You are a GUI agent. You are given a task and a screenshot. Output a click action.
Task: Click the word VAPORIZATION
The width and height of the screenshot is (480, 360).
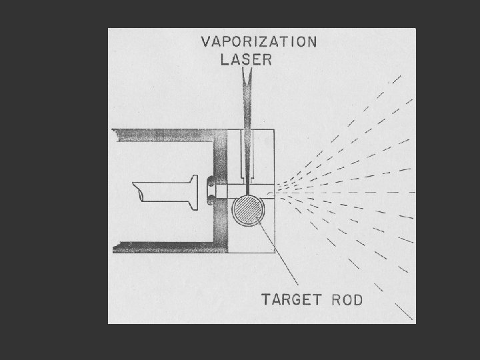tap(259, 42)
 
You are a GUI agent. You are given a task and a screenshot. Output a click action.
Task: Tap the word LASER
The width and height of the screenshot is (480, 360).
tap(246, 59)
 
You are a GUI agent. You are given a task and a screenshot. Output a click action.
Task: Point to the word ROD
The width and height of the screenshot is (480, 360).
tap(347, 299)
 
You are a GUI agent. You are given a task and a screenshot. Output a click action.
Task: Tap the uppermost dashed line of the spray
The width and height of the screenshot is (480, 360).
tap(373, 100)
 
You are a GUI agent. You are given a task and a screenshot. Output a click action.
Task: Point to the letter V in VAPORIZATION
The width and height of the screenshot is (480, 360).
tap(207, 42)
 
